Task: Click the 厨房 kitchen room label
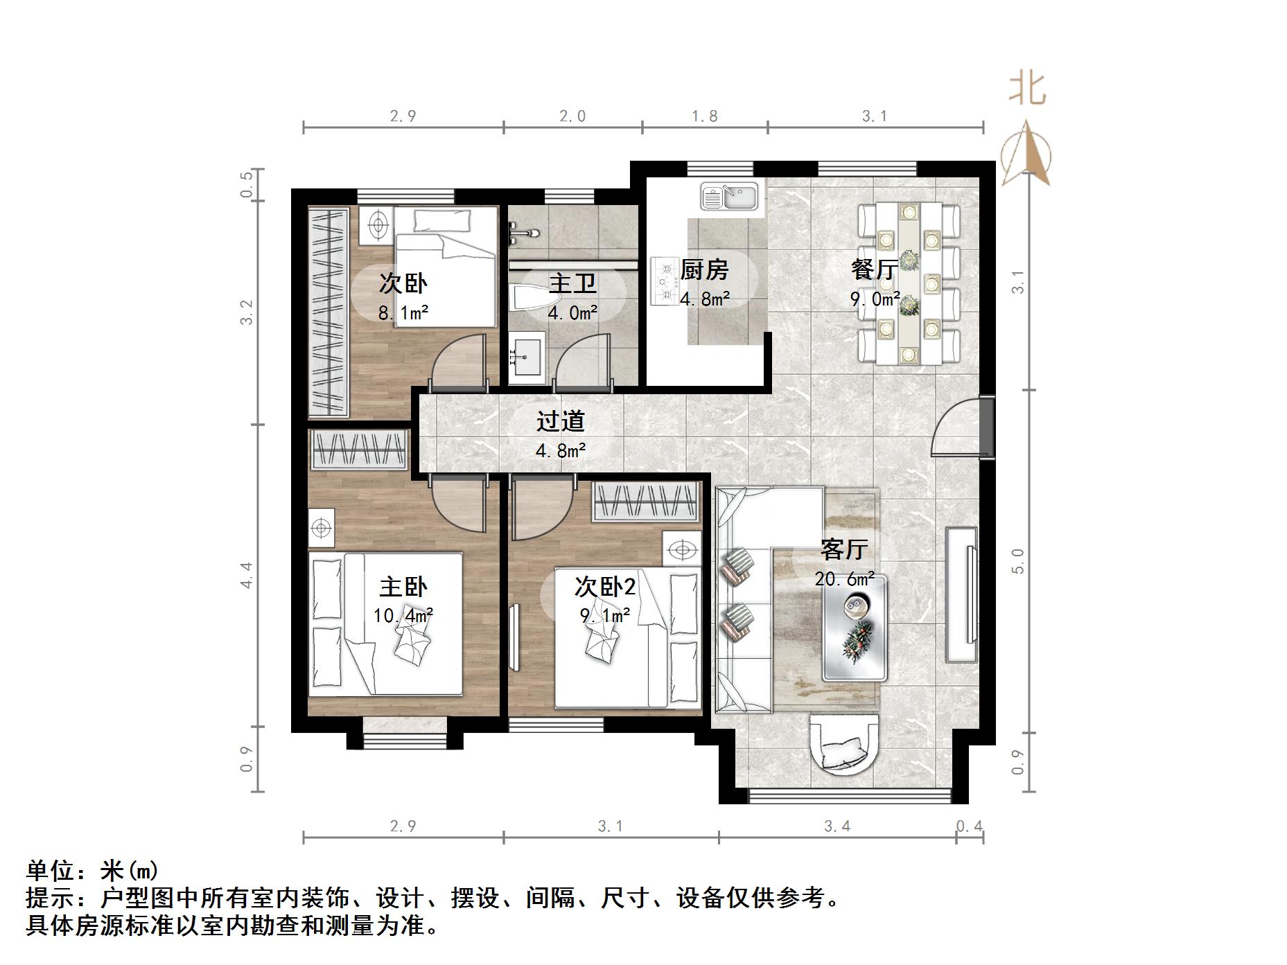click(x=704, y=269)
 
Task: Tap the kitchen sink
click(x=729, y=197)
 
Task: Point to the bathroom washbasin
click(x=527, y=355)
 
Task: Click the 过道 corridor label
click(x=560, y=421)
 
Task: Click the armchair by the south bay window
click(x=843, y=745)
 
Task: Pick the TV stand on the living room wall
click(x=961, y=594)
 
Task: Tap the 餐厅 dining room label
click(x=874, y=269)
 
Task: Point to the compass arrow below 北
click(x=1026, y=154)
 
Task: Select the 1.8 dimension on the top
click(x=704, y=116)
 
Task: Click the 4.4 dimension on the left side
click(x=247, y=575)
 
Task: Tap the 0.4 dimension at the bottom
click(x=969, y=826)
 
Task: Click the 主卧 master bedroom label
click(x=403, y=587)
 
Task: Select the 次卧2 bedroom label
click(x=604, y=587)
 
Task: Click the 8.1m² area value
click(x=403, y=313)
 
